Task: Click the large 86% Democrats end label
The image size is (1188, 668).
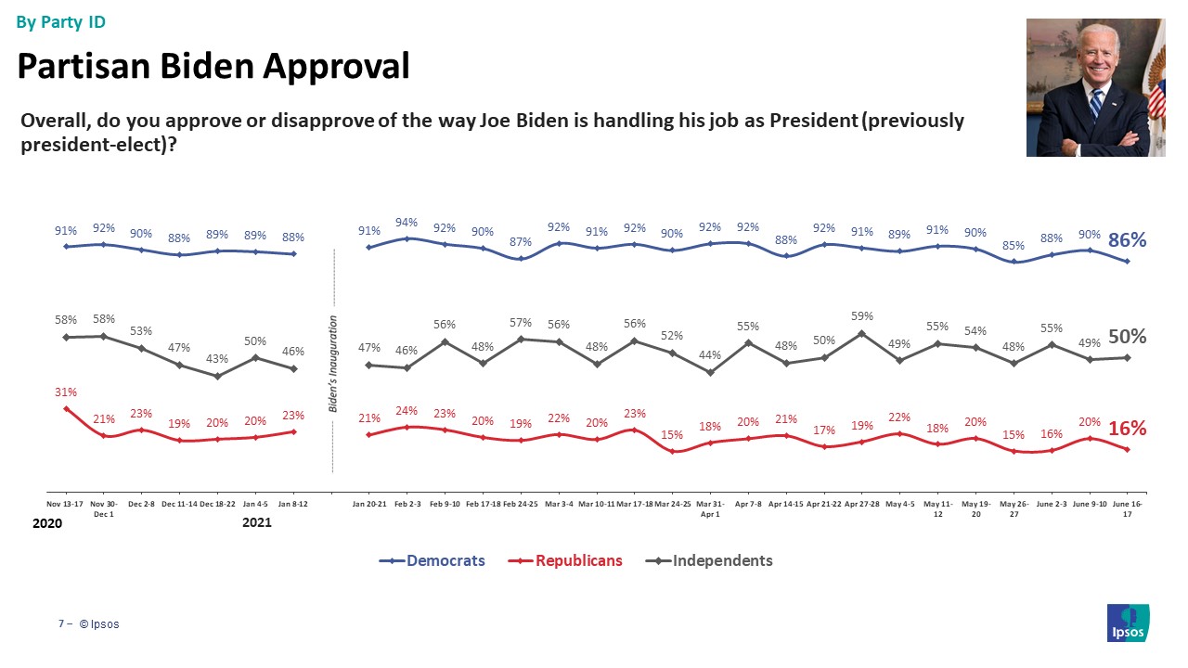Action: pos(1128,240)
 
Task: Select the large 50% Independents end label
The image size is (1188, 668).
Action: pos(1128,337)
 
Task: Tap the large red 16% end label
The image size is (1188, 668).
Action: pos(1128,429)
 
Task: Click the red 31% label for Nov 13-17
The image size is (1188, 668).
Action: pos(65,392)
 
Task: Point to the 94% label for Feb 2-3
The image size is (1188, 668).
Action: pos(407,223)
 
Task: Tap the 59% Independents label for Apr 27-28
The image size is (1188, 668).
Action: pos(862,315)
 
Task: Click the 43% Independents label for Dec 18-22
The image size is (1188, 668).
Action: pos(216,359)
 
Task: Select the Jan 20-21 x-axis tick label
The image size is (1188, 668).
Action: pos(368,505)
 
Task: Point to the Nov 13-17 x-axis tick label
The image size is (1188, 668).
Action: pos(66,505)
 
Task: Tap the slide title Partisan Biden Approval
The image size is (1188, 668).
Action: pos(213,66)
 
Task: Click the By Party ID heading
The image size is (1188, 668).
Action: pos(61,21)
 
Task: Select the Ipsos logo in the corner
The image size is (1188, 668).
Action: pos(1129,623)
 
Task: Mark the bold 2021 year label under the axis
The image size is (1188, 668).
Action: pos(256,524)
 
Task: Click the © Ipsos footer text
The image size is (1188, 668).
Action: pos(99,624)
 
